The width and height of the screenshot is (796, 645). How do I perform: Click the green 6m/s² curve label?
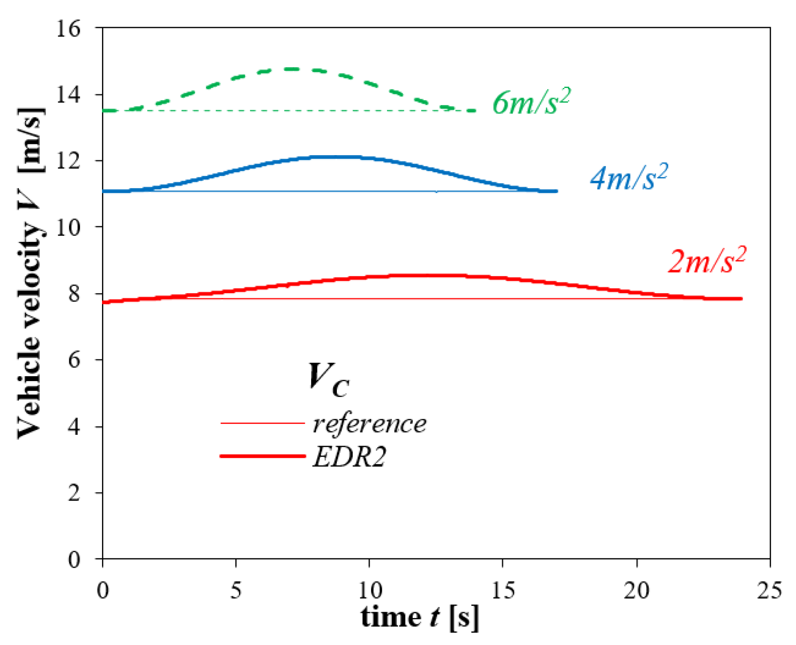click(x=531, y=102)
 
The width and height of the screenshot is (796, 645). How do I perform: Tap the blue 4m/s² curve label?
click(x=628, y=177)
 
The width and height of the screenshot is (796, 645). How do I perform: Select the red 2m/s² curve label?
click(x=707, y=261)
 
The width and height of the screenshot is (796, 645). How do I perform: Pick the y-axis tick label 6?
click(x=74, y=360)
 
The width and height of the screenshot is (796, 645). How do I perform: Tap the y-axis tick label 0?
click(x=74, y=559)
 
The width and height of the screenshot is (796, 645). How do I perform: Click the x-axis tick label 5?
click(x=236, y=590)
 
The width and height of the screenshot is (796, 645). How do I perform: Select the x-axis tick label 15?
click(x=503, y=590)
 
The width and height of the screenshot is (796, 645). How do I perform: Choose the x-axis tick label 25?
click(x=769, y=590)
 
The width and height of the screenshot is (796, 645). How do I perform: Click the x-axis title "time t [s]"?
click(x=420, y=617)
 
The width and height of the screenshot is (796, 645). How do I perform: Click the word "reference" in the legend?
click(x=369, y=424)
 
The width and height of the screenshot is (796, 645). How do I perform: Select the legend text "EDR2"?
click(x=349, y=457)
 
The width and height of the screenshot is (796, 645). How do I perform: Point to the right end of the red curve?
click(x=741, y=299)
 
